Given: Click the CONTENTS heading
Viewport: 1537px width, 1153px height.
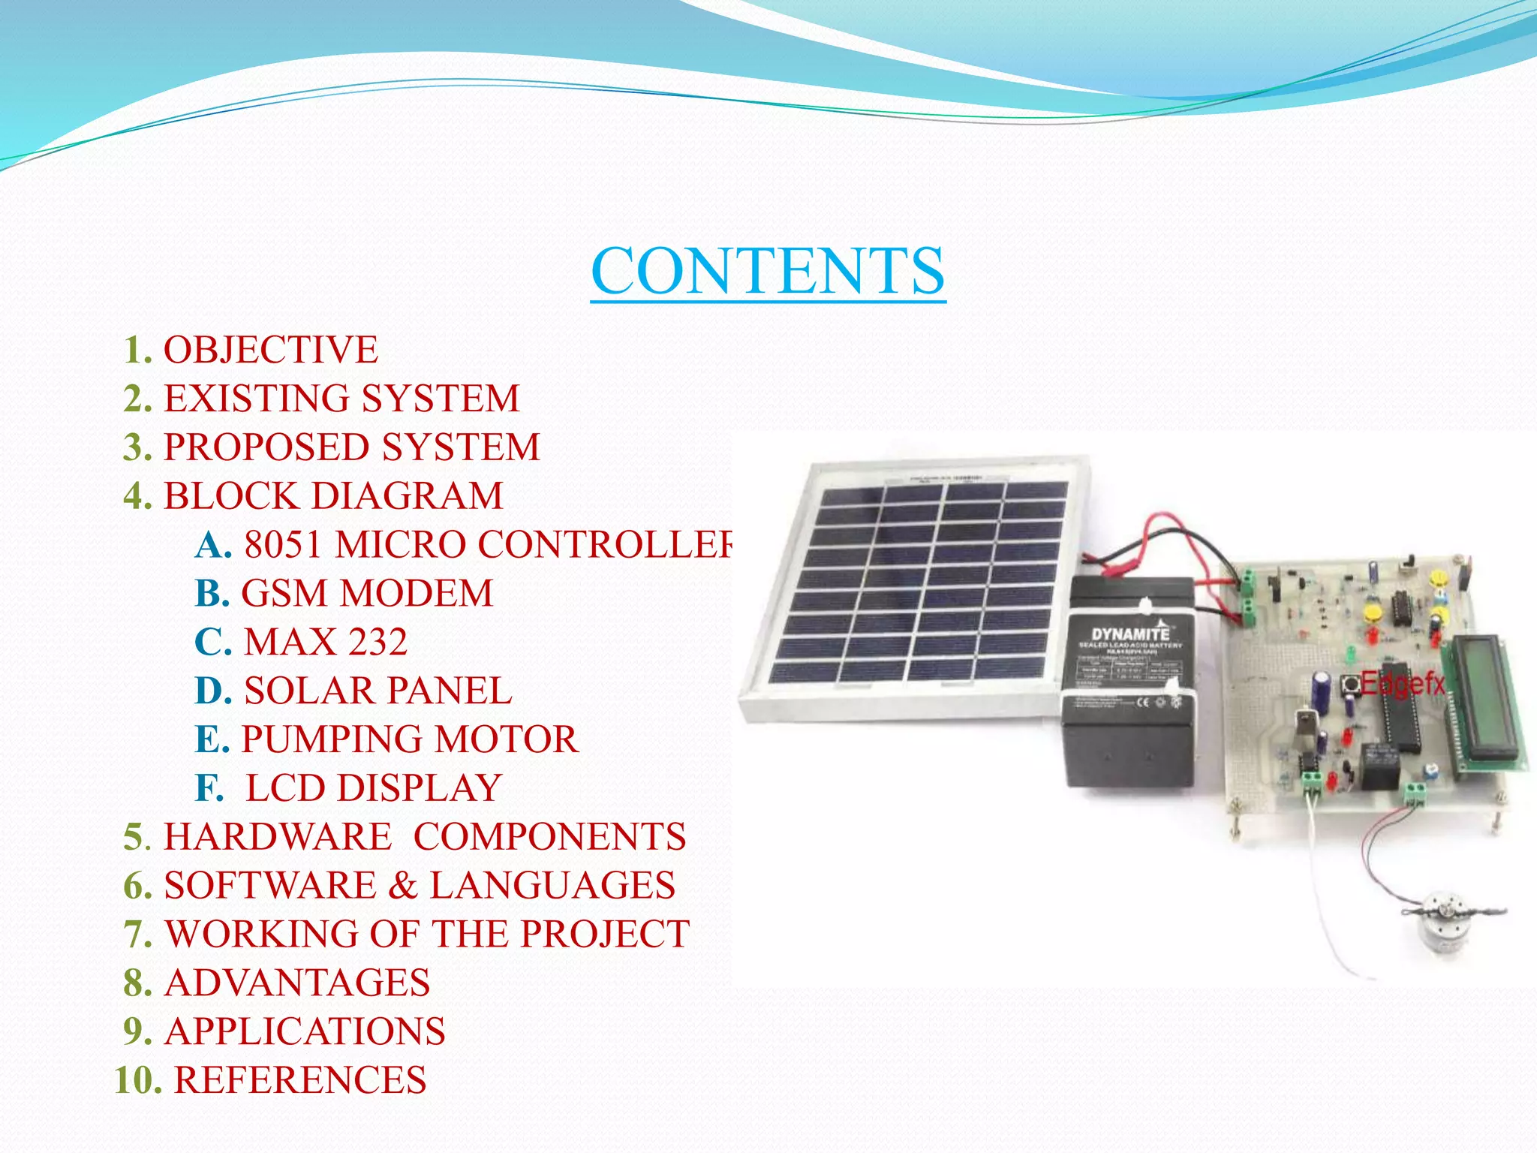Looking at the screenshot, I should click(767, 272).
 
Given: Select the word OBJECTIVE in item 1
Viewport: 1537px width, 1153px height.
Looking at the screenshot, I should click(271, 350).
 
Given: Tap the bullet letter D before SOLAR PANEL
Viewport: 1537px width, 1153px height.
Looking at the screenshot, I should click(212, 691).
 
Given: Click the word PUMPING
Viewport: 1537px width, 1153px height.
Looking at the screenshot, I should click(332, 740).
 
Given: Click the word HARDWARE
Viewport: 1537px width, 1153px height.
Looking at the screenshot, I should click(278, 838).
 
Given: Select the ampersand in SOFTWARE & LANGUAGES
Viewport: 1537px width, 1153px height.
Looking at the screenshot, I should click(403, 886).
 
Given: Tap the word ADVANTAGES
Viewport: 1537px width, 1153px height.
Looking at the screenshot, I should click(297, 983).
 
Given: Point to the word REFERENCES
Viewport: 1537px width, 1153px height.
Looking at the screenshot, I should click(300, 1081).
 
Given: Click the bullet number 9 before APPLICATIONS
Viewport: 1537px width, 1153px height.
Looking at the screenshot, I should click(137, 1032).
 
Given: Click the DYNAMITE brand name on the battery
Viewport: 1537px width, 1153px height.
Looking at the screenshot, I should click(1129, 634).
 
